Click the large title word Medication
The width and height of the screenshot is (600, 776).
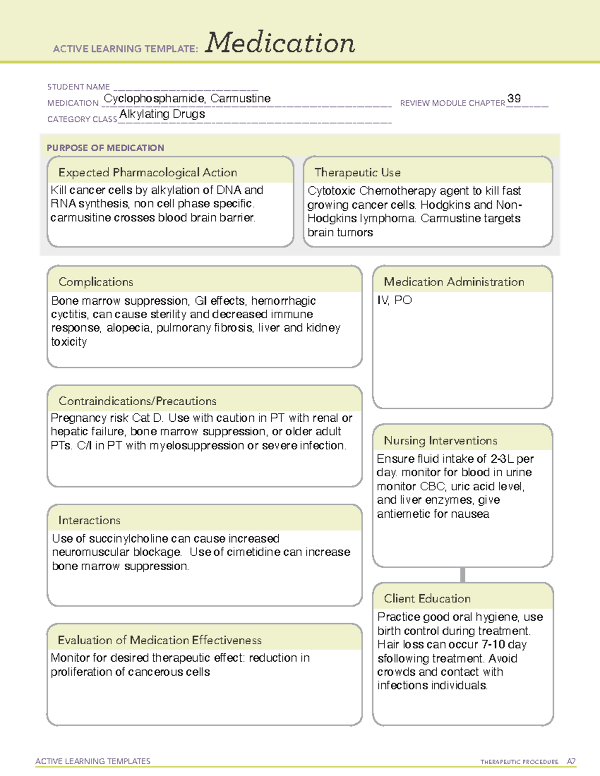[280, 43]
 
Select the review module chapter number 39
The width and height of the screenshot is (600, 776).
[514, 98]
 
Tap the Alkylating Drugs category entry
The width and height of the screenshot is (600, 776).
[162, 114]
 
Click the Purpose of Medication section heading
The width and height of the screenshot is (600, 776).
[105, 148]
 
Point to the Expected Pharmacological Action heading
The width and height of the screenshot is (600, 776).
[147, 172]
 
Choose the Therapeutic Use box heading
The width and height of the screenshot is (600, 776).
[357, 172]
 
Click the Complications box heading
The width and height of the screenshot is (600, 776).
[95, 282]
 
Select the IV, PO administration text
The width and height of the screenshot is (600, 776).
[394, 300]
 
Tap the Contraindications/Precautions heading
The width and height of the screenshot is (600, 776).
[137, 401]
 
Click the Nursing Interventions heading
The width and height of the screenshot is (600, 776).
[440, 440]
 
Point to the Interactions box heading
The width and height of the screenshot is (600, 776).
[89, 520]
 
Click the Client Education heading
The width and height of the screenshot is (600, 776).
[427, 598]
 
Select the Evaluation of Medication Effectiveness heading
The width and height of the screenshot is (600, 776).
[159, 640]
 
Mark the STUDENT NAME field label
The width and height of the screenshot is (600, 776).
[78, 87]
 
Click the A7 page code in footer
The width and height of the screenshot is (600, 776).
[571, 762]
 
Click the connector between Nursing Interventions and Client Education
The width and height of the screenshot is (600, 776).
[462, 575]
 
